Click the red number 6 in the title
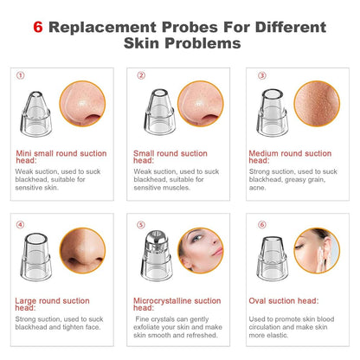coord(38,27)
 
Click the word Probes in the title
coord(190,27)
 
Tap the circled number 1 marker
coord(20,75)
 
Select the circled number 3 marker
coord(262,75)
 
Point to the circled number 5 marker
coord(141,225)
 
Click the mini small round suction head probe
coord(35,114)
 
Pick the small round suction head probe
coord(160,112)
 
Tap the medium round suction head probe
coord(272,112)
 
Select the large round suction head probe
coord(35,257)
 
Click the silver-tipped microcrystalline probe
coord(157,256)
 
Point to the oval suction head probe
coord(273,259)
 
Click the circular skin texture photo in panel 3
coord(317,104)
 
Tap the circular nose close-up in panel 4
coord(82,250)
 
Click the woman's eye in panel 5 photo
coord(197,239)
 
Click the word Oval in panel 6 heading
coord(257,301)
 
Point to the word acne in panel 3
coord(257,188)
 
